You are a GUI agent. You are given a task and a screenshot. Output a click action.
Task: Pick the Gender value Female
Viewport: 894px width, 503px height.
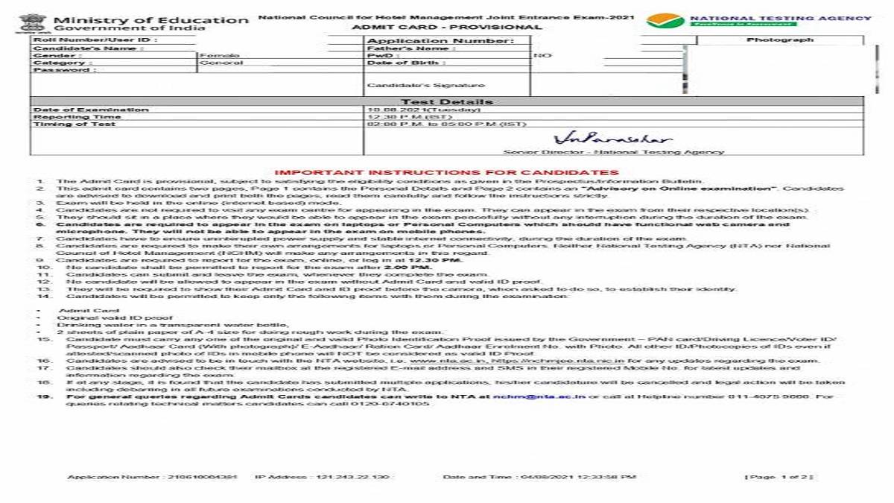(219, 56)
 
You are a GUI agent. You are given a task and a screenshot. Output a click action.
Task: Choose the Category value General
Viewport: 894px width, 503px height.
(221, 63)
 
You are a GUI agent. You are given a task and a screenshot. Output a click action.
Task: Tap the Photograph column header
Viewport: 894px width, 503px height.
(780, 39)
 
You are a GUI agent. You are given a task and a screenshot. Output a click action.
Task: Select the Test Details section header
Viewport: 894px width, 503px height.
(447, 102)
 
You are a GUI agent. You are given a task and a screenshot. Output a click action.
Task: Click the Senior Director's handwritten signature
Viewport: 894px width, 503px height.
(612, 139)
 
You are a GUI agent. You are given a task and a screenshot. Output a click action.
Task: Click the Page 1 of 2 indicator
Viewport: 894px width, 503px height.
(779, 477)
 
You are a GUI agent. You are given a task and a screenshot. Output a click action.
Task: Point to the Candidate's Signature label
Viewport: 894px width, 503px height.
(425, 86)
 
